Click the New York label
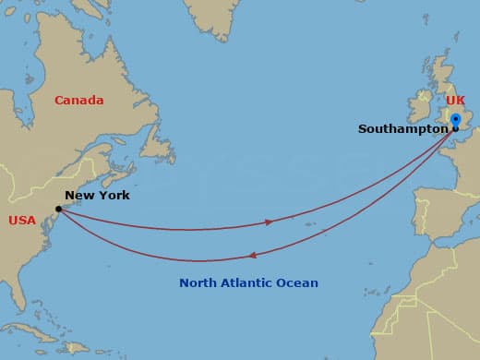coord(97,196)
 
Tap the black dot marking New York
coord(59,209)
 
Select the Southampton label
coord(402,129)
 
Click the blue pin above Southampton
coord(455,120)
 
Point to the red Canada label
coord(78,101)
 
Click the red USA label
coord(22,221)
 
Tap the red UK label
coord(456,100)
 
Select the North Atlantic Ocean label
coord(248,283)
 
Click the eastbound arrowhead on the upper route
coord(269,222)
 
